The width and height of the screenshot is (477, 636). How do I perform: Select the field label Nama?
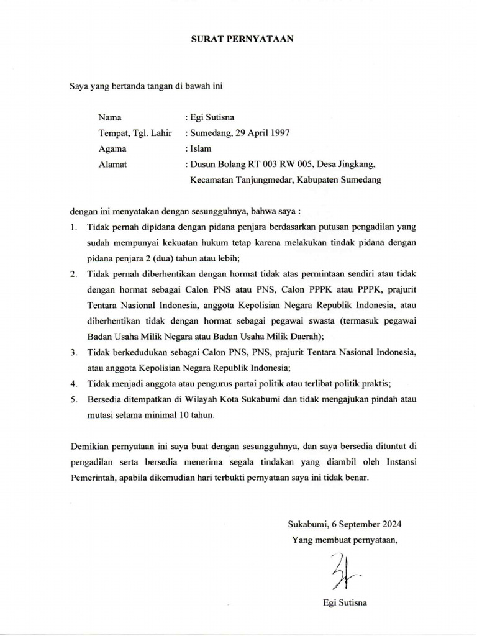tap(109, 117)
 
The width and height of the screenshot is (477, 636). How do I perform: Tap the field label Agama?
tap(112, 148)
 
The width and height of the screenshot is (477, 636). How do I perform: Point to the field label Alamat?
tap(112, 165)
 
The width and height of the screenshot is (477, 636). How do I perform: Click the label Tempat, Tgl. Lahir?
tap(135, 133)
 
